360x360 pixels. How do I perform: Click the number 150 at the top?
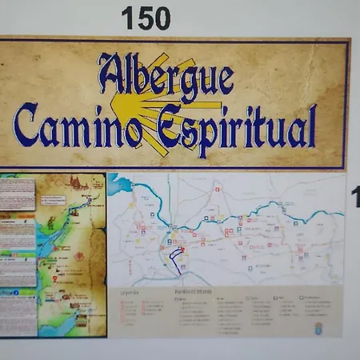[146, 18]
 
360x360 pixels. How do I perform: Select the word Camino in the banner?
[77, 126]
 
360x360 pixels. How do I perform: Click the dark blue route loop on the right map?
[174, 260]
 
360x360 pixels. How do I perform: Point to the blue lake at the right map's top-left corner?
[120, 185]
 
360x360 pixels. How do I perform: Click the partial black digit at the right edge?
[354, 196]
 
